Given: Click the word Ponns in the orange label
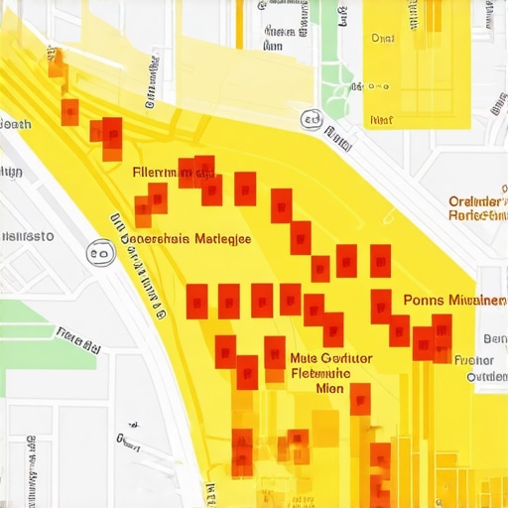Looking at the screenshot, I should point(425,300).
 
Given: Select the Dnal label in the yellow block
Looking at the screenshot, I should point(382,38).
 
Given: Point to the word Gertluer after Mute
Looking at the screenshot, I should point(346,358).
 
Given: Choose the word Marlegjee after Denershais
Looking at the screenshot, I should point(223,238).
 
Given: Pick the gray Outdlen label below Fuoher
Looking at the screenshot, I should point(485,377).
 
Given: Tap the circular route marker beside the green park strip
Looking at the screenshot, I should point(311,119).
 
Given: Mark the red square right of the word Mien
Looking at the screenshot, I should point(360,398).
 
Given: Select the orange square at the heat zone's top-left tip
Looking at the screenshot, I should point(57,62).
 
